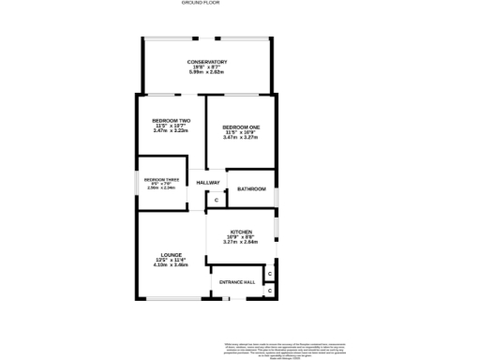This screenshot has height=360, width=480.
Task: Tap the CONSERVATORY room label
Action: (x=207, y=62)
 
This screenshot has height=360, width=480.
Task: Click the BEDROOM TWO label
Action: (x=172, y=121)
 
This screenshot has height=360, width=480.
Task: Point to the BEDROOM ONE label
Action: (x=241, y=127)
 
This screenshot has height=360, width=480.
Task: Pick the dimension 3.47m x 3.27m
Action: (x=241, y=138)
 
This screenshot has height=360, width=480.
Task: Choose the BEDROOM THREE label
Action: (x=161, y=179)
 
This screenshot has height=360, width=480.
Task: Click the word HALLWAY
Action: (x=208, y=182)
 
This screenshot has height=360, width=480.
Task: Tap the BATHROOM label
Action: (x=251, y=189)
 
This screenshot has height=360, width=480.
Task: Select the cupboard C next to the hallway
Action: (x=216, y=201)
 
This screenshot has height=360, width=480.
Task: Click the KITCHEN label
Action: (x=242, y=231)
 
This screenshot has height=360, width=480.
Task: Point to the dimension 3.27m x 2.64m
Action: (x=242, y=242)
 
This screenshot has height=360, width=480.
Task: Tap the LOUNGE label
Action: (x=171, y=254)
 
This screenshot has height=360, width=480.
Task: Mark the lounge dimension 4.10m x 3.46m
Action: (x=171, y=265)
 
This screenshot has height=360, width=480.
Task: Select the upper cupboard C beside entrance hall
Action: (x=269, y=274)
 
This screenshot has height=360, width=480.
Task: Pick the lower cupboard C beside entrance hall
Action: (x=269, y=291)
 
